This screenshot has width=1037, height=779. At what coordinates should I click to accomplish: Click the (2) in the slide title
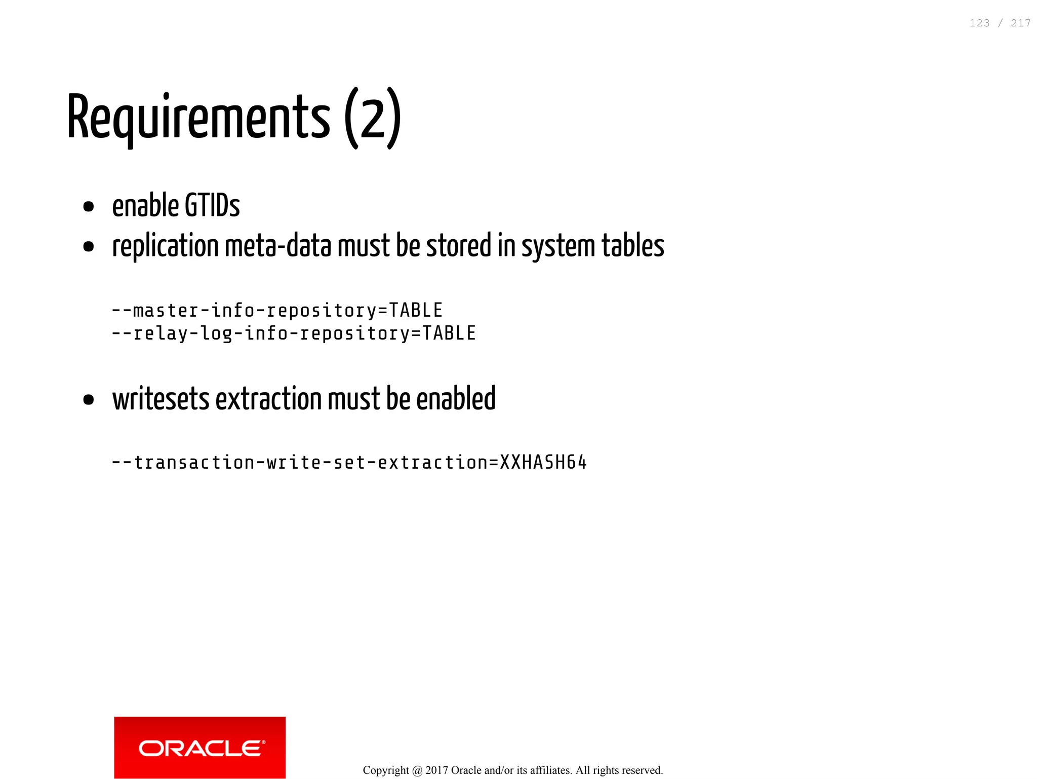(x=373, y=119)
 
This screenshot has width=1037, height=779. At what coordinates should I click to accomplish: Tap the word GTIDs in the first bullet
(x=212, y=206)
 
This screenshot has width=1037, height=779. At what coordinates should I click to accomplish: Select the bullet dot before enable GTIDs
(x=89, y=207)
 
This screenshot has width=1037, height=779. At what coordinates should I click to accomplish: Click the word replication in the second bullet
(x=165, y=246)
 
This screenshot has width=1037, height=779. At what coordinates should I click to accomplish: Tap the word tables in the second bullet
(x=632, y=246)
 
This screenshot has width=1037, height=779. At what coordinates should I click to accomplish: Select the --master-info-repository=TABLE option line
(x=277, y=310)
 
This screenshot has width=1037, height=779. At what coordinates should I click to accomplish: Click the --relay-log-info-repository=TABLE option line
(x=294, y=333)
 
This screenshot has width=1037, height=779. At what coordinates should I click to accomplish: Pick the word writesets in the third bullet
(x=161, y=399)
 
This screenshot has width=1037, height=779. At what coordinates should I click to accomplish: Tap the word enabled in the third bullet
(x=456, y=399)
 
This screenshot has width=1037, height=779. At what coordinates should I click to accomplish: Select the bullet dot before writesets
(x=89, y=400)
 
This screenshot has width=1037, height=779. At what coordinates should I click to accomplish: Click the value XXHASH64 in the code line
(x=543, y=462)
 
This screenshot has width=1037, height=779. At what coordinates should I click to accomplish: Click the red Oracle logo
(x=200, y=747)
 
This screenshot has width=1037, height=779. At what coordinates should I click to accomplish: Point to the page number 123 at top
(x=979, y=23)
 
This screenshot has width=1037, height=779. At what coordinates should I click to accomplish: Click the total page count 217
(x=1020, y=23)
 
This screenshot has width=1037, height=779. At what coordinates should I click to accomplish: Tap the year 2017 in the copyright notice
(x=436, y=770)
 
